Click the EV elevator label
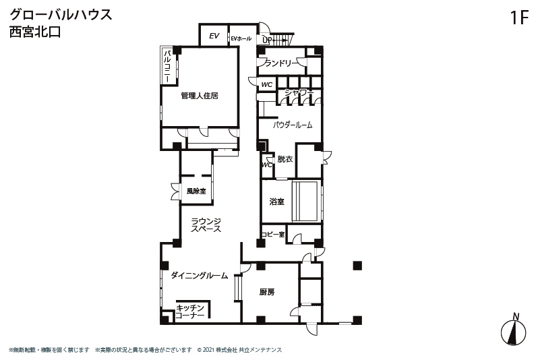[214, 36]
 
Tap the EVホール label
[241, 38]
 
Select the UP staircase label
[267, 40]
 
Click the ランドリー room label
[281, 63]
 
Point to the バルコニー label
[168, 66]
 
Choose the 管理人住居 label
[200, 96]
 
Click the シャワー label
[299, 92]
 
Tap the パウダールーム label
[293, 125]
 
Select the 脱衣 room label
[284, 159]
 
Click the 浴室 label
[277, 202]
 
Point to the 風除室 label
[196, 191]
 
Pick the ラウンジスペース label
[206, 225]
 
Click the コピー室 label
[273, 234]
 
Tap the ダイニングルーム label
[200, 275]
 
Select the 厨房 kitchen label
[267, 292]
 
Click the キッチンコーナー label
[190, 311]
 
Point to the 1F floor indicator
[519, 18]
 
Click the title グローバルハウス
[61, 15]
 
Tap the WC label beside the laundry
[266, 84]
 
